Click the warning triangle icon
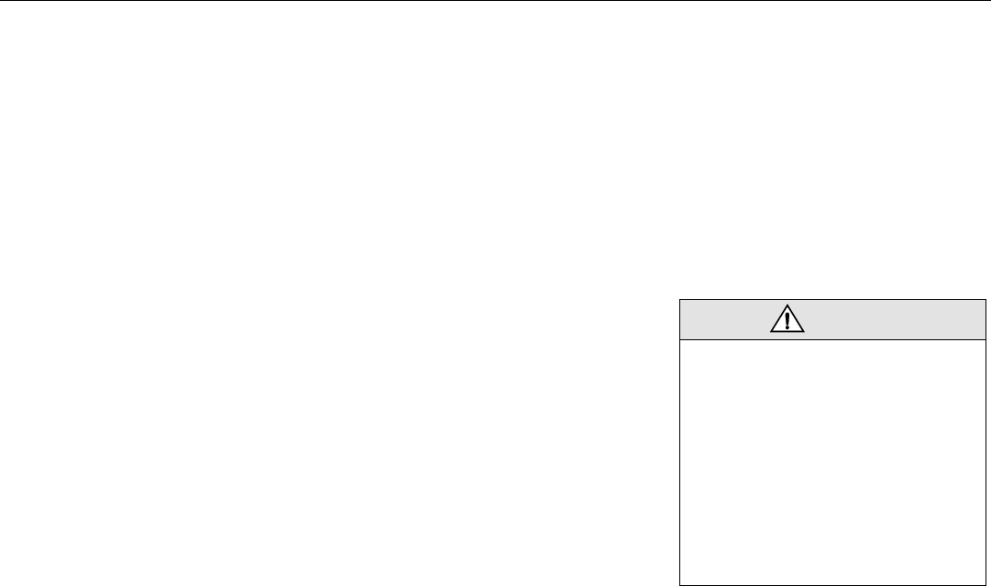[787, 319]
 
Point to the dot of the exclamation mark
[787, 327]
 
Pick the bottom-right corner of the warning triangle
[803, 332]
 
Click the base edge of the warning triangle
[787, 332]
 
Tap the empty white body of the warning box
[833, 459]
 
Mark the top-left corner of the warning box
[680, 298]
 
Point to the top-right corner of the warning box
[986, 298]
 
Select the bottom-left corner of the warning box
[680, 583]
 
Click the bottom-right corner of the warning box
[986, 583]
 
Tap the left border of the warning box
[680, 440]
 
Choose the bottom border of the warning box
[833, 583]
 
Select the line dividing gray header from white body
[833, 340]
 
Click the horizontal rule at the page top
[495, 1]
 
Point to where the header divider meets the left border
[680, 340]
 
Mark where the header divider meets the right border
[986, 340]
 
